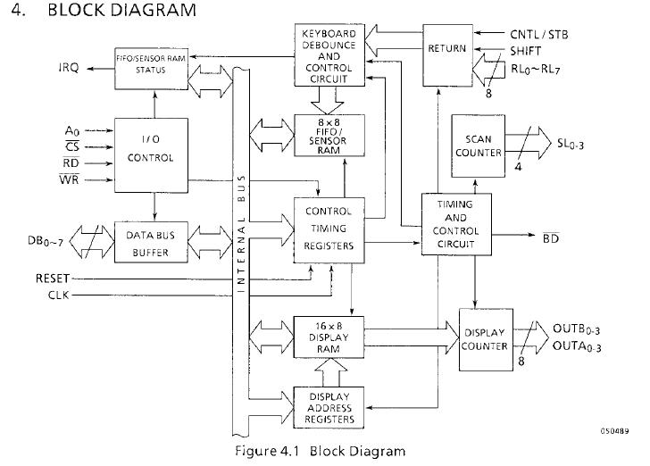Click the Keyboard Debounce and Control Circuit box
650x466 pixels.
(x=329, y=55)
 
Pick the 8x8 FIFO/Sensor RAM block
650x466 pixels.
(x=329, y=135)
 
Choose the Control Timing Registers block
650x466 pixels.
(x=329, y=229)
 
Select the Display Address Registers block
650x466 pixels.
(x=329, y=406)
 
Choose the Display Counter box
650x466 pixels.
(x=485, y=340)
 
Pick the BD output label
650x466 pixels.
(x=551, y=237)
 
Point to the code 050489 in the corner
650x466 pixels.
(x=613, y=431)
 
